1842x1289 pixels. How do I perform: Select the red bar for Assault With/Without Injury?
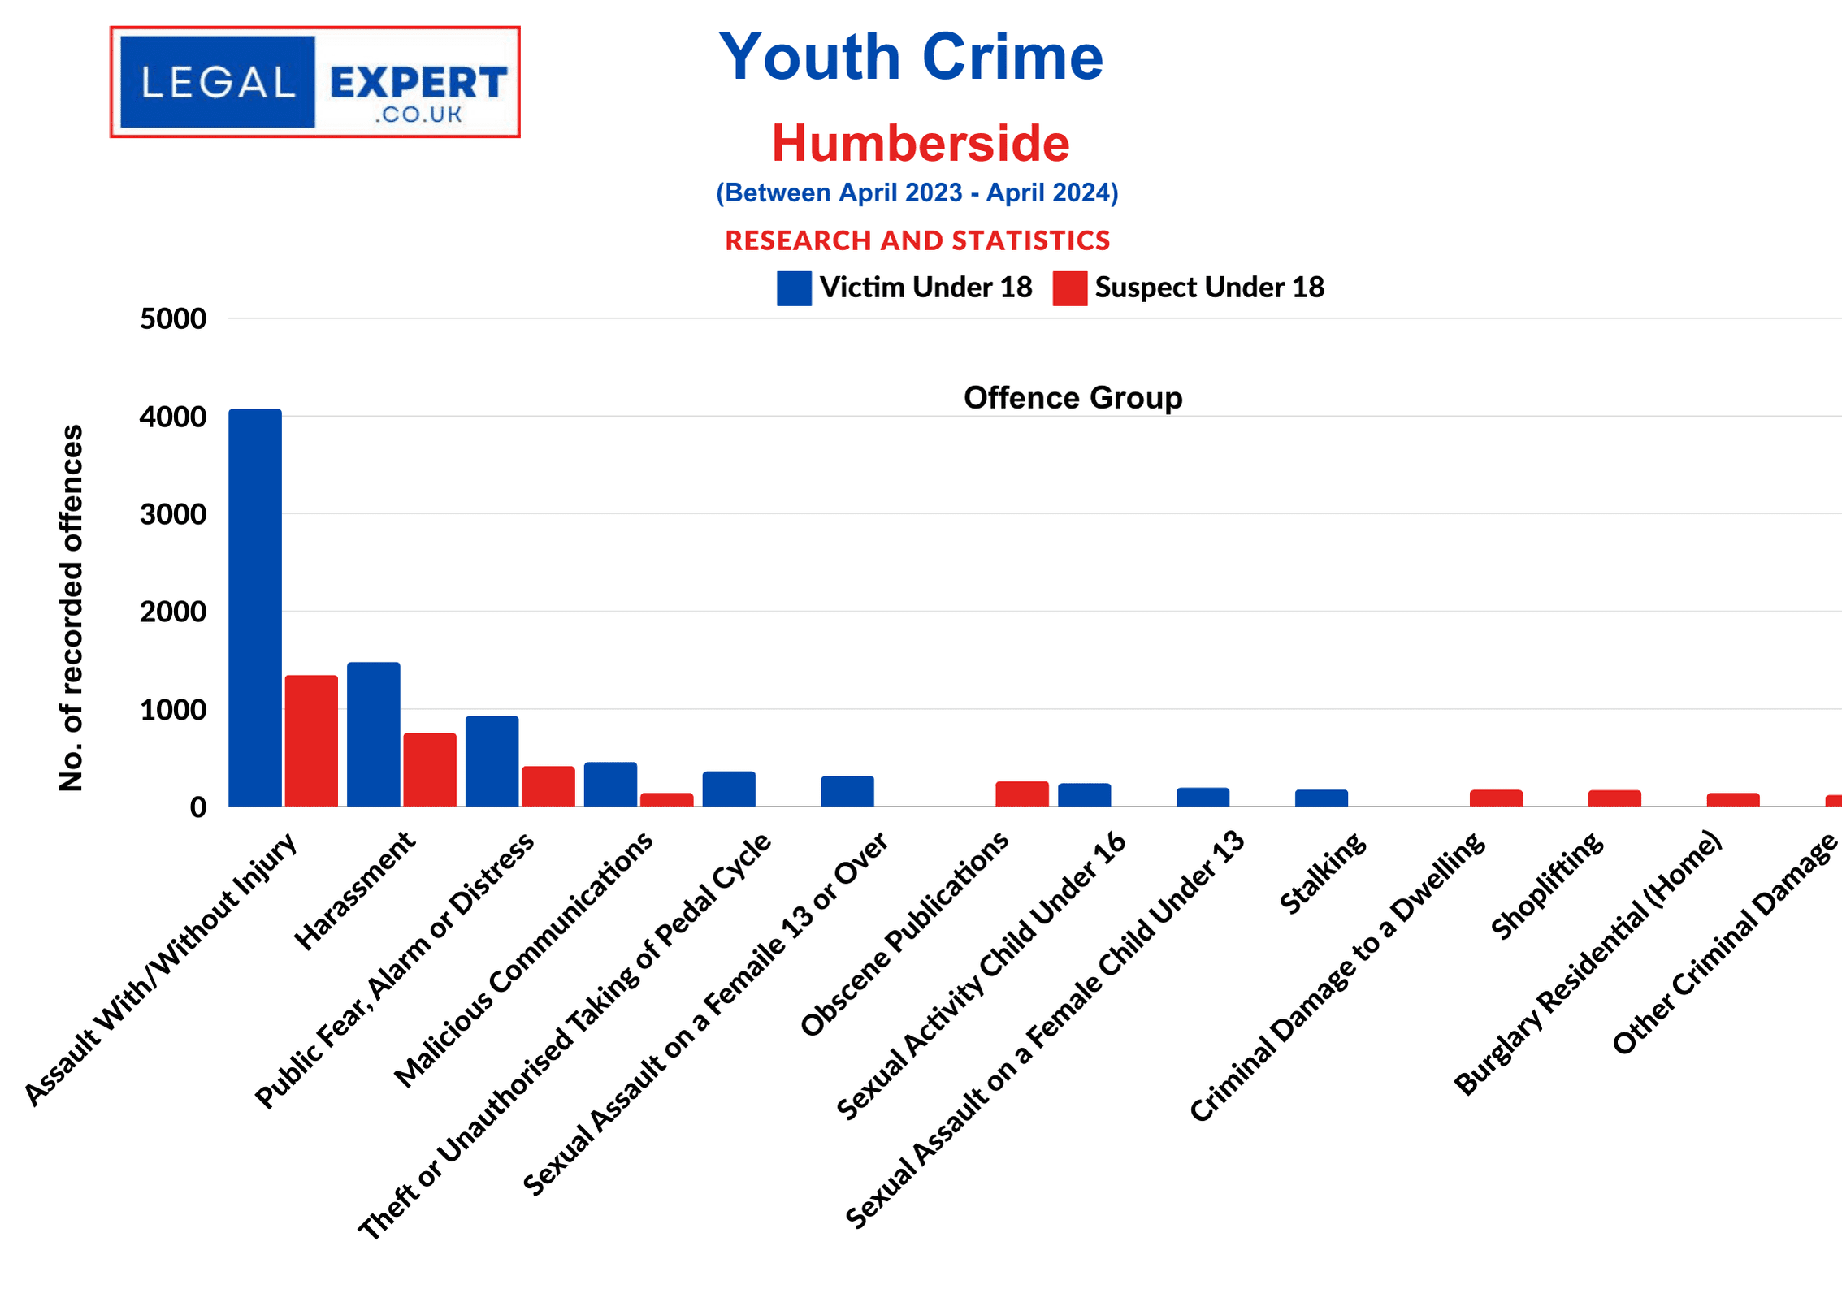coord(311,741)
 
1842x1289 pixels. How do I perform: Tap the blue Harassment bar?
coord(373,734)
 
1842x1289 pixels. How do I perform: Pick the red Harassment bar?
coord(430,769)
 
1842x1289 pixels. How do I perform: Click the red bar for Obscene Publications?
coord(1021,794)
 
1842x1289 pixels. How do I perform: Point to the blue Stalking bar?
coord(1321,798)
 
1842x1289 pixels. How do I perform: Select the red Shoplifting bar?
coord(1614,798)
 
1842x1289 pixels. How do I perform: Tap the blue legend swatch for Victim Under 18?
coord(793,288)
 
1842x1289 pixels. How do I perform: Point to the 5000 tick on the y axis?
coord(173,318)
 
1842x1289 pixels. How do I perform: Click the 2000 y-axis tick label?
coord(173,612)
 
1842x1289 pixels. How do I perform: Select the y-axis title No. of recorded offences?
coord(72,608)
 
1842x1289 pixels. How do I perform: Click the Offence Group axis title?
coord(1073,398)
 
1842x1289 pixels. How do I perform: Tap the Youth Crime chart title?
coord(911,57)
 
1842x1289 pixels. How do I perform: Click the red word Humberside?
coord(920,143)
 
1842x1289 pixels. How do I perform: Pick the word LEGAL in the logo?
coord(217,82)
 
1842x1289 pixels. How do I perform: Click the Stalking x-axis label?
coord(1323,872)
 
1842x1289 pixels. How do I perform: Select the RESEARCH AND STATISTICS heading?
coord(917,240)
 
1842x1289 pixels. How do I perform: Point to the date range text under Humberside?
coord(917,192)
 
